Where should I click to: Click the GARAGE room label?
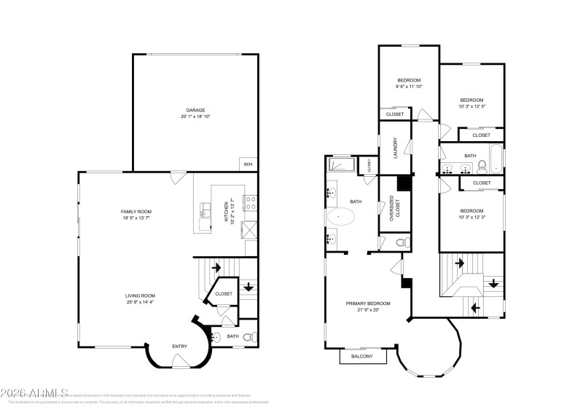[x=194, y=110]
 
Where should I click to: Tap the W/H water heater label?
[x=248, y=164]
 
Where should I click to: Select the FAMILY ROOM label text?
[x=136, y=211]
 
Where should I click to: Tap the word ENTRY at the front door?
[x=179, y=346]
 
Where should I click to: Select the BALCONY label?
[x=361, y=356]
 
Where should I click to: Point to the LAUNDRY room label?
[x=394, y=148]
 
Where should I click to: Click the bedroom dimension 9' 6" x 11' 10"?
[x=409, y=87]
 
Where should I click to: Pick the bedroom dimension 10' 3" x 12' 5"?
[x=472, y=107]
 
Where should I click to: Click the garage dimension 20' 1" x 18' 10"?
[x=194, y=116]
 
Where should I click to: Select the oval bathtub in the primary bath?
[x=340, y=217]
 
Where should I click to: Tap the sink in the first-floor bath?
[x=216, y=336]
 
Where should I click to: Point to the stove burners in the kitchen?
[x=251, y=203]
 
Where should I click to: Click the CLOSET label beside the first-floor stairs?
[x=224, y=293]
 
